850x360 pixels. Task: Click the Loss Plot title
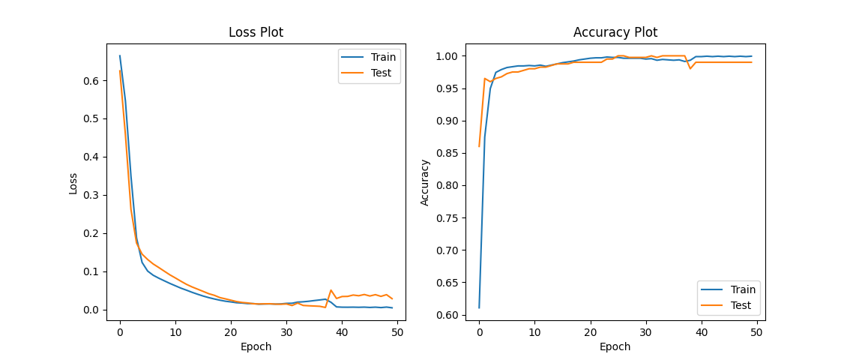pyautogui.click(x=256, y=32)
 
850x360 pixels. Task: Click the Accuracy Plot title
pyautogui.click(x=615, y=32)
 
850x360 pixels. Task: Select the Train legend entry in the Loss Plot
pyautogui.click(x=383, y=57)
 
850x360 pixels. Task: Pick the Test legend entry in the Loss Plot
pyautogui.click(x=382, y=73)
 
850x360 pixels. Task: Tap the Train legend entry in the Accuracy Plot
pyautogui.click(x=742, y=289)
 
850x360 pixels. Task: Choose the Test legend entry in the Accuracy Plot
pyautogui.click(x=741, y=305)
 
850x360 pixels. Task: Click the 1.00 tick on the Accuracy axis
pyautogui.click(x=449, y=56)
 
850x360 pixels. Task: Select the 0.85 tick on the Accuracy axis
pyautogui.click(x=449, y=153)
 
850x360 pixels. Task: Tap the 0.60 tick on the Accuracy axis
pyautogui.click(x=449, y=315)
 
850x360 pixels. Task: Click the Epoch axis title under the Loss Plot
pyautogui.click(x=256, y=346)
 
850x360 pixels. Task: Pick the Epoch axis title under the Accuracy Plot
pyautogui.click(x=615, y=346)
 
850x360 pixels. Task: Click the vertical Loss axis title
pyautogui.click(x=73, y=183)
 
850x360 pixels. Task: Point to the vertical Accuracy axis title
pyautogui.click(x=425, y=182)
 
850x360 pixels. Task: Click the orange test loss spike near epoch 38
pyautogui.click(x=331, y=290)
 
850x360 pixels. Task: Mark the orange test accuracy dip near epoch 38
pyautogui.click(x=690, y=69)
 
